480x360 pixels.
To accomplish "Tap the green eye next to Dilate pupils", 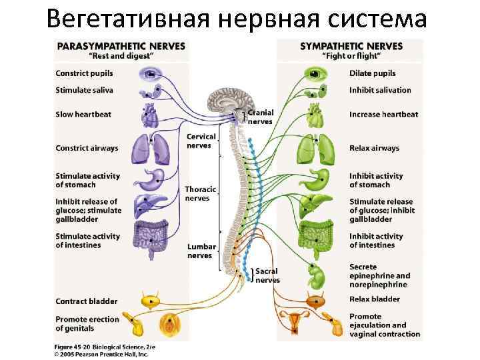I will pyautogui.click(x=312, y=73).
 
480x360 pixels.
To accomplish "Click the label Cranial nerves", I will pyautogui.click(x=261, y=117).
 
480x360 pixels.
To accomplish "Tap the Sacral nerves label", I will pyautogui.click(x=267, y=276).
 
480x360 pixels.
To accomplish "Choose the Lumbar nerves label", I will pyautogui.click(x=201, y=251).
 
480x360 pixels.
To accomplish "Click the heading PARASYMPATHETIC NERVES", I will pyautogui.click(x=121, y=46).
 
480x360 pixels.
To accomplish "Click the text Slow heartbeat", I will pyautogui.click(x=83, y=115).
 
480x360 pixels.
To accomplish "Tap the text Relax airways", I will pyautogui.click(x=374, y=148).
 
